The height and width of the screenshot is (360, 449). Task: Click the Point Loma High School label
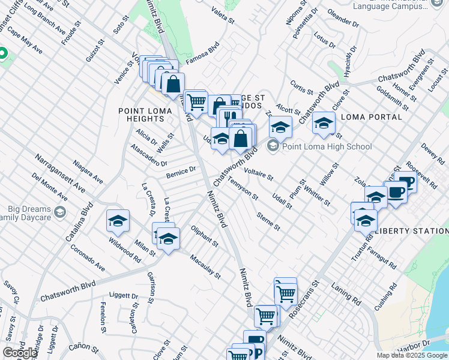click(x=327, y=146)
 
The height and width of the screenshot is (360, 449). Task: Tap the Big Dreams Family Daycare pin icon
click(x=60, y=211)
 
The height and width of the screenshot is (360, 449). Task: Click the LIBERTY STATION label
click(x=412, y=231)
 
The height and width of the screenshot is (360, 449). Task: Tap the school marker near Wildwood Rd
click(x=118, y=221)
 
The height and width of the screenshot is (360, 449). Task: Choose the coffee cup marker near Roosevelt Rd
click(x=407, y=182)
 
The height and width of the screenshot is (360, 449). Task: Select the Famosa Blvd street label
click(x=202, y=53)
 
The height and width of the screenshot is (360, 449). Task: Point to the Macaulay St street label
click(x=205, y=266)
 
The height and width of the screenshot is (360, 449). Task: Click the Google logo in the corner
click(x=20, y=353)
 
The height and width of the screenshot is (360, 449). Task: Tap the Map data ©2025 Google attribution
click(x=412, y=355)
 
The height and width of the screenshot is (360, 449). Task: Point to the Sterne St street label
click(x=268, y=221)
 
